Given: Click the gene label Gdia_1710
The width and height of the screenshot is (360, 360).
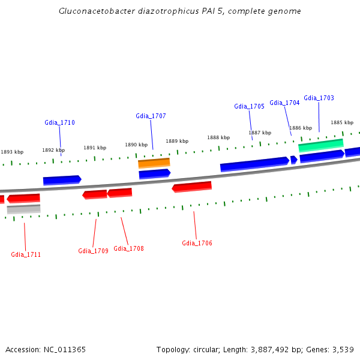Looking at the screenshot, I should pos(59,122).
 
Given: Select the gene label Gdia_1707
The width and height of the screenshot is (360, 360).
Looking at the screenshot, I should pos(151,116).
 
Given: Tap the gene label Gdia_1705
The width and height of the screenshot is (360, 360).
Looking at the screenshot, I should pos(249,106).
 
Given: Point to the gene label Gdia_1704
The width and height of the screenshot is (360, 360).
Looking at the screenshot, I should pos(284,103).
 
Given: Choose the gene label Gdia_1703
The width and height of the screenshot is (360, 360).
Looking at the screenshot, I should pos(319,98).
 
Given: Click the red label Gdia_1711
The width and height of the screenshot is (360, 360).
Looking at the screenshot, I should pos(26,254).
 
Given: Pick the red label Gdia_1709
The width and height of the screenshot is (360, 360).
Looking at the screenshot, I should pos(93,251).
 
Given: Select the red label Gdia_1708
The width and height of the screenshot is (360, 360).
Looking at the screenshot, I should pos(128,248).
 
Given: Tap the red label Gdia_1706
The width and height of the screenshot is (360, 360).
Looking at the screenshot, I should pos(197,243).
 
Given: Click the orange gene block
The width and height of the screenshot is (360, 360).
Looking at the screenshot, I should pos(154,163).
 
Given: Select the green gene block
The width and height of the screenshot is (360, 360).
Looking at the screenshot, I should pos(320,145).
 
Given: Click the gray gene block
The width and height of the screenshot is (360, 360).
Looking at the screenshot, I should pos(24,209).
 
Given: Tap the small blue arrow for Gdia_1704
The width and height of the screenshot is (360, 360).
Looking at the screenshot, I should pos(293,160).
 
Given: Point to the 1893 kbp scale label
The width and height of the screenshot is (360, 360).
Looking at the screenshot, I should pos(12,152).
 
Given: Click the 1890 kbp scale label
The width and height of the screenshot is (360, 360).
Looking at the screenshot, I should pos(136,145).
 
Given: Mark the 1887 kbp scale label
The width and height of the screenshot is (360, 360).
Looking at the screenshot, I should pos(260,133).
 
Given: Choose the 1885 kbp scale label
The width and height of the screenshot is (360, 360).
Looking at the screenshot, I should pos(342,122).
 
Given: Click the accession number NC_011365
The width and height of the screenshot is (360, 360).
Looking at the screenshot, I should pos(65,349).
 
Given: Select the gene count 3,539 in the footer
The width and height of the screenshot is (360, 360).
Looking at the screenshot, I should pos(343,349).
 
